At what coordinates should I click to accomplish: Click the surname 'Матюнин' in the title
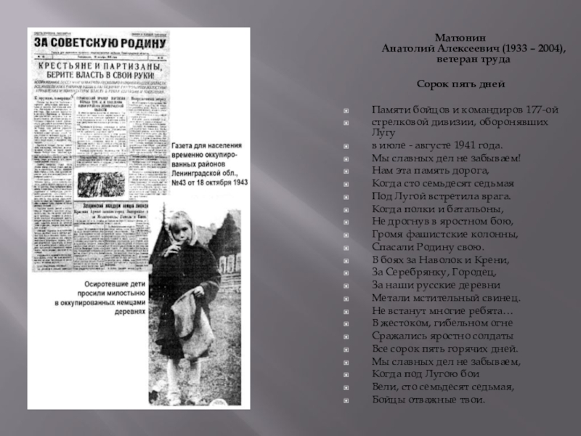pos(456,37)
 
